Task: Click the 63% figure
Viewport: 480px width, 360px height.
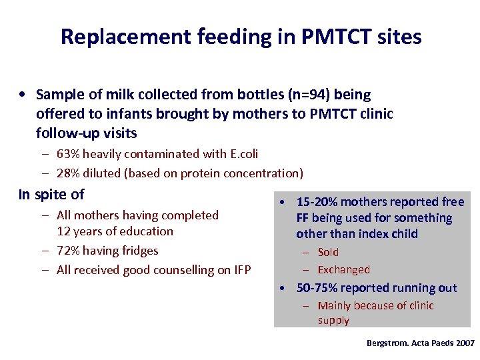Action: pyautogui.click(x=68, y=154)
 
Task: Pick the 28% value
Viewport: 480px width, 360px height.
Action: pyautogui.click(x=68, y=173)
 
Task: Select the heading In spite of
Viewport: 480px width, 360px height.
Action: pyautogui.click(x=51, y=195)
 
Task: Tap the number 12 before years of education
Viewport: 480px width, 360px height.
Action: pyautogui.click(x=64, y=231)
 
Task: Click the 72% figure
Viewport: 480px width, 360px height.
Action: pyautogui.click(x=68, y=251)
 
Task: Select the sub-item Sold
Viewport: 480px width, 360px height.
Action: pyautogui.click(x=328, y=252)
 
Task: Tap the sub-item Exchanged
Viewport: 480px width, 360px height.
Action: pyautogui.click(x=343, y=270)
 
